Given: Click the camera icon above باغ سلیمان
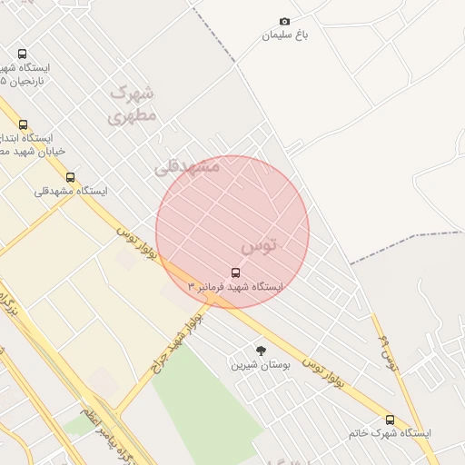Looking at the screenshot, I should click(x=285, y=21).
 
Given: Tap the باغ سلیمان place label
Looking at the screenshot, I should click(x=285, y=35).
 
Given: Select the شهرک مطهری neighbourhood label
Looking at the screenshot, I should click(x=133, y=104).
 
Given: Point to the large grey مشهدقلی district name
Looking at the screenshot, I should click(x=187, y=167).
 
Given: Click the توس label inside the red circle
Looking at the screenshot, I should click(x=259, y=245).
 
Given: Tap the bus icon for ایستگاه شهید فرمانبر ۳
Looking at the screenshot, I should click(x=236, y=272).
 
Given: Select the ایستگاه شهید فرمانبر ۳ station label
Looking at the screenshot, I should click(x=235, y=287).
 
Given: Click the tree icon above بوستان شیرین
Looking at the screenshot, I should click(x=262, y=351).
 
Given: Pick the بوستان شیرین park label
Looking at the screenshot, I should click(x=260, y=365).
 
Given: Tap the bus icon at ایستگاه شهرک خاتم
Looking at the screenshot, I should click(x=391, y=420).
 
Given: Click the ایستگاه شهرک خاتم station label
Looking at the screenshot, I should click(x=390, y=434).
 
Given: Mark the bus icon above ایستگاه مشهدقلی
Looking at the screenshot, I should click(x=71, y=177).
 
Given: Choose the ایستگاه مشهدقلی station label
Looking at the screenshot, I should click(x=71, y=192).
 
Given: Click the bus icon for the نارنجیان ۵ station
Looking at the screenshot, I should click(x=22, y=54).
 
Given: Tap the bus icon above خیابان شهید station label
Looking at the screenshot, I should click(x=23, y=124).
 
